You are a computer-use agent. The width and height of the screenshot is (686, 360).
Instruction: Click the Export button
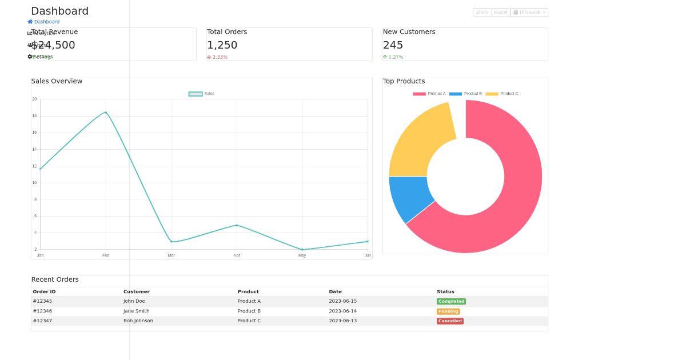click(500, 13)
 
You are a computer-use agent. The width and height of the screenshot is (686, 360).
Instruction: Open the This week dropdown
click(529, 13)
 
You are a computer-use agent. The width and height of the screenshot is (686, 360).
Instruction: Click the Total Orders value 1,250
click(222, 45)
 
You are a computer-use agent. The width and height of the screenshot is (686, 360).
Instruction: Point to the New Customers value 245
click(393, 45)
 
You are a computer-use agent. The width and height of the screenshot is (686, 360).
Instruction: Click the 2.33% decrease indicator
click(217, 57)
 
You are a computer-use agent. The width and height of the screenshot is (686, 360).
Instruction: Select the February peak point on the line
click(106, 113)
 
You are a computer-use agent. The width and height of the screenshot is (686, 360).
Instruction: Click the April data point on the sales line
click(237, 225)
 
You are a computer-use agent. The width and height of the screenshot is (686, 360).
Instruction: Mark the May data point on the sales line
click(302, 250)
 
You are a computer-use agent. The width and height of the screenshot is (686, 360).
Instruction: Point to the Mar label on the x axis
click(171, 255)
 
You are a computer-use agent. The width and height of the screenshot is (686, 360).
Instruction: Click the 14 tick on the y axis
click(34, 150)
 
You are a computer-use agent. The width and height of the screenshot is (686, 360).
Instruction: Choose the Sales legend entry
click(201, 94)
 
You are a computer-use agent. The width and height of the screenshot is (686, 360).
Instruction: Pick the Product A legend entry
click(429, 94)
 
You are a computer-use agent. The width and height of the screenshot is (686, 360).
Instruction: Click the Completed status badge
click(451, 302)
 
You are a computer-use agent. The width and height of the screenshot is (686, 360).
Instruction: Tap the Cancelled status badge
click(450, 321)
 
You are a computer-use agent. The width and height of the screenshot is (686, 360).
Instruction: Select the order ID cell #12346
click(42, 311)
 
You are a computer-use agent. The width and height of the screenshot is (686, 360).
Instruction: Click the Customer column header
click(137, 292)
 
